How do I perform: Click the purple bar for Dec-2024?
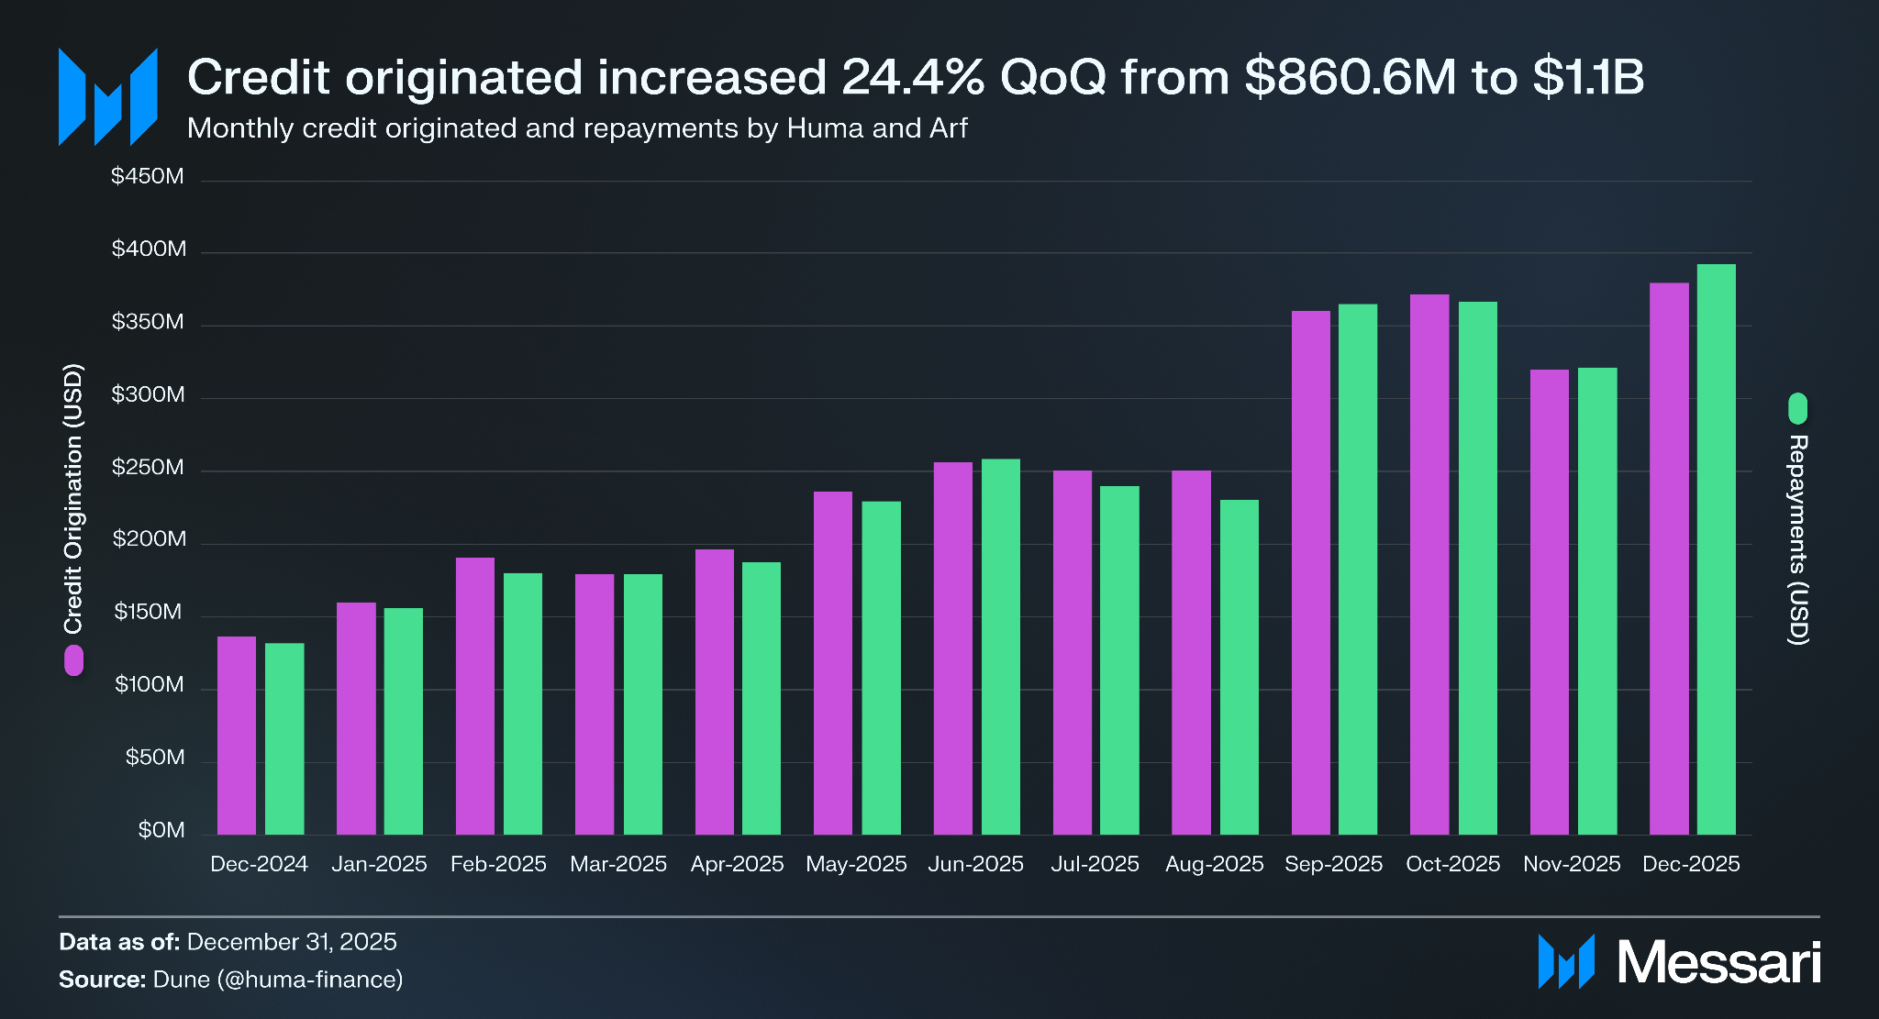click(x=237, y=736)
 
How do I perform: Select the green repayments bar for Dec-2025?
click(x=1716, y=549)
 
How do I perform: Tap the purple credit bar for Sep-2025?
click(x=1310, y=572)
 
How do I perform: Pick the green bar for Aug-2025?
click(x=1239, y=667)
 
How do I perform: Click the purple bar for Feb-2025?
click(x=475, y=696)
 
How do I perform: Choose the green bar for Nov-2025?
click(x=1597, y=601)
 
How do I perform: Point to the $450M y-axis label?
click(x=148, y=176)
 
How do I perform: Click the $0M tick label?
click(x=161, y=830)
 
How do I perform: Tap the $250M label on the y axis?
click(x=148, y=468)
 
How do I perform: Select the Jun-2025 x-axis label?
click(x=975, y=864)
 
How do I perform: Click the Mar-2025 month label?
click(x=618, y=864)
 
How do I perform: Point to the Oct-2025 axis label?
click(x=1452, y=864)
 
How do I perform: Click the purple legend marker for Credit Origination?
click(x=73, y=660)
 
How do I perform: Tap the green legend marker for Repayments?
click(x=1797, y=408)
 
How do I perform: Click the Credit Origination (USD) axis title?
click(x=73, y=499)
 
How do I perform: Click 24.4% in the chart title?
click(x=913, y=77)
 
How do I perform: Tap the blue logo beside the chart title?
click(x=108, y=97)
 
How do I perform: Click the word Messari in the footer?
click(x=1718, y=962)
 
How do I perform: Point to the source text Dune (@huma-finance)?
click(x=278, y=980)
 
